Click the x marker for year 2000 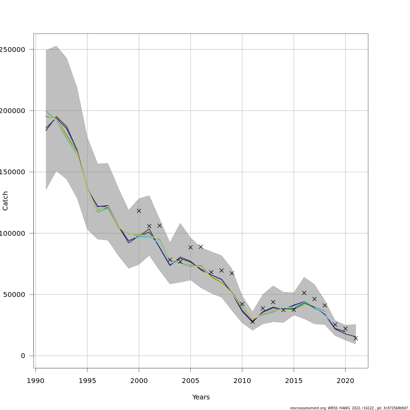point(139,211)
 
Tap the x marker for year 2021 point(356,338)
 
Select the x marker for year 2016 point(304,293)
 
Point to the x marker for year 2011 point(252,322)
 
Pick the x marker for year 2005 point(190,247)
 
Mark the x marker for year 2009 point(232,273)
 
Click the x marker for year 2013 point(273,302)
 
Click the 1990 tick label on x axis point(36,381)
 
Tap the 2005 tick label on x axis point(190,381)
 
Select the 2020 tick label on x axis point(345,381)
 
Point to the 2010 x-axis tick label point(242,381)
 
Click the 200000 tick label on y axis point(13,111)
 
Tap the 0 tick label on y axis point(23,356)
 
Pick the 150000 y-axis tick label point(13,172)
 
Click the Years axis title point(201,397)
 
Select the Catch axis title point(5,201)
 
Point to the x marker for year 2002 point(159,225)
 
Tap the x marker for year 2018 point(325,305)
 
